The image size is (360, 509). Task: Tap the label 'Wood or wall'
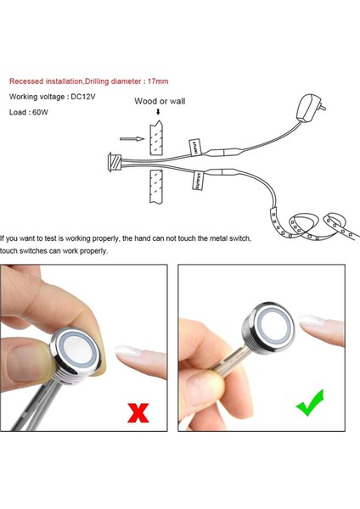pos(160,102)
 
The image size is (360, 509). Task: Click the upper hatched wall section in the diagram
pos(155,137)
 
